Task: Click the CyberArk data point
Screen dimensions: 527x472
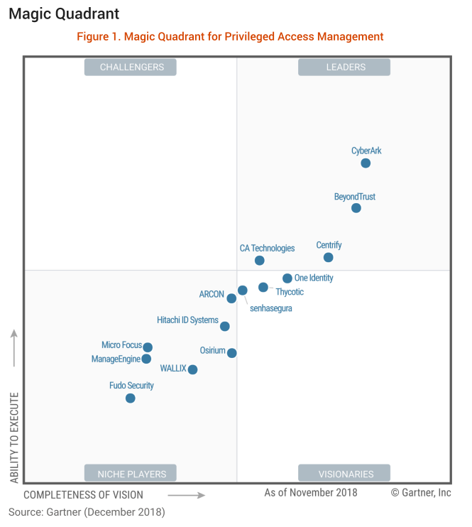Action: click(366, 163)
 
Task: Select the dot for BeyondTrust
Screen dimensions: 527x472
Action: click(356, 208)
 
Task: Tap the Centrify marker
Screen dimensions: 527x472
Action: click(328, 257)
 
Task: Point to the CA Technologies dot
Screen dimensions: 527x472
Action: click(260, 261)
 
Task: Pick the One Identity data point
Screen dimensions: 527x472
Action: click(287, 278)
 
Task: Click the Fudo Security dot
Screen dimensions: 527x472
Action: click(130, 398)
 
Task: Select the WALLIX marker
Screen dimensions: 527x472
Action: click(192, 369)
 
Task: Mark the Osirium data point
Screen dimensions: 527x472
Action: click(231, 353)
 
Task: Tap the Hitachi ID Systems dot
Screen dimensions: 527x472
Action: click(224, 327)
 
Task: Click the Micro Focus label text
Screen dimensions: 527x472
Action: click(121, 345)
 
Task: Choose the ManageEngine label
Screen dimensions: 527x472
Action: click(116, 359)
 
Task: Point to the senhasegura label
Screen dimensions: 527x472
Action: click(271, 308)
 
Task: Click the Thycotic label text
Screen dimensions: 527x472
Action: click(290, 292)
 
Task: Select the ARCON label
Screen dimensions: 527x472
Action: click(212, 294)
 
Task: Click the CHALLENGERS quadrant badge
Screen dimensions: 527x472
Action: click(131, 67)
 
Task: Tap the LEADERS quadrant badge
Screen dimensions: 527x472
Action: click(345, 67)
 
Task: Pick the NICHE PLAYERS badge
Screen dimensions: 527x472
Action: click(131, 474)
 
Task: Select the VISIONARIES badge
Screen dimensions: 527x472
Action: click(345, 474)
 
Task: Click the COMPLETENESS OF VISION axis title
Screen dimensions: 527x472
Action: click(84, 495)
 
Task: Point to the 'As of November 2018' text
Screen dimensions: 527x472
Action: click(311, 492)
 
